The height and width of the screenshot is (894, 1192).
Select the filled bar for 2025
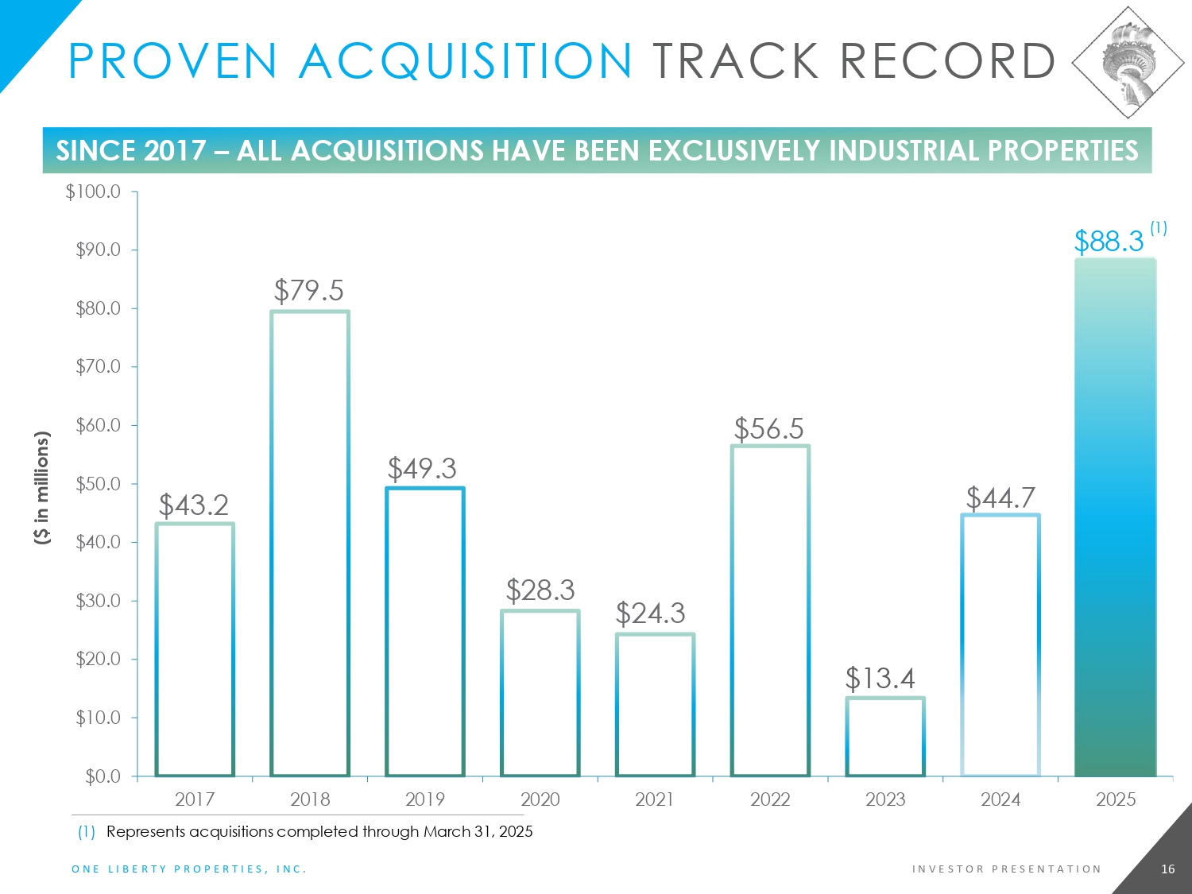point(1115,517)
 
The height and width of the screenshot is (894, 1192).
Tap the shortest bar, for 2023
point(885,737)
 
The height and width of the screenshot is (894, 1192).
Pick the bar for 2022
point(770,610)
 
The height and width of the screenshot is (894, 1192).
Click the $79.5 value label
point(309,291)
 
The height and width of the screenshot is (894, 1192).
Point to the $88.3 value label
point(1109,241)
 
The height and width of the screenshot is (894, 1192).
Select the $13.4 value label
point(880,679)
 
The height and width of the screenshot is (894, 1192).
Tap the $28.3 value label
point(540,590)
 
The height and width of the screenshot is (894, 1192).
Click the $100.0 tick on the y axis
point(93,192)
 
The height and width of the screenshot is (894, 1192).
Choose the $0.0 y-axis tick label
point(103,776)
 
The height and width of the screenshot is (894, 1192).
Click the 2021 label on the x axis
point(655,799)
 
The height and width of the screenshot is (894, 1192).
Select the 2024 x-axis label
point(1000,799)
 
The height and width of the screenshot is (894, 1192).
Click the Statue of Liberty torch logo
point(1128,62)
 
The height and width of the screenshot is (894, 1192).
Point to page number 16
point(1167,869)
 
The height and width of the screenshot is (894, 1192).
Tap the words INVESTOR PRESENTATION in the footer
point(1007,869)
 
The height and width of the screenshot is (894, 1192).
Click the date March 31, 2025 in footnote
point(478,832)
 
